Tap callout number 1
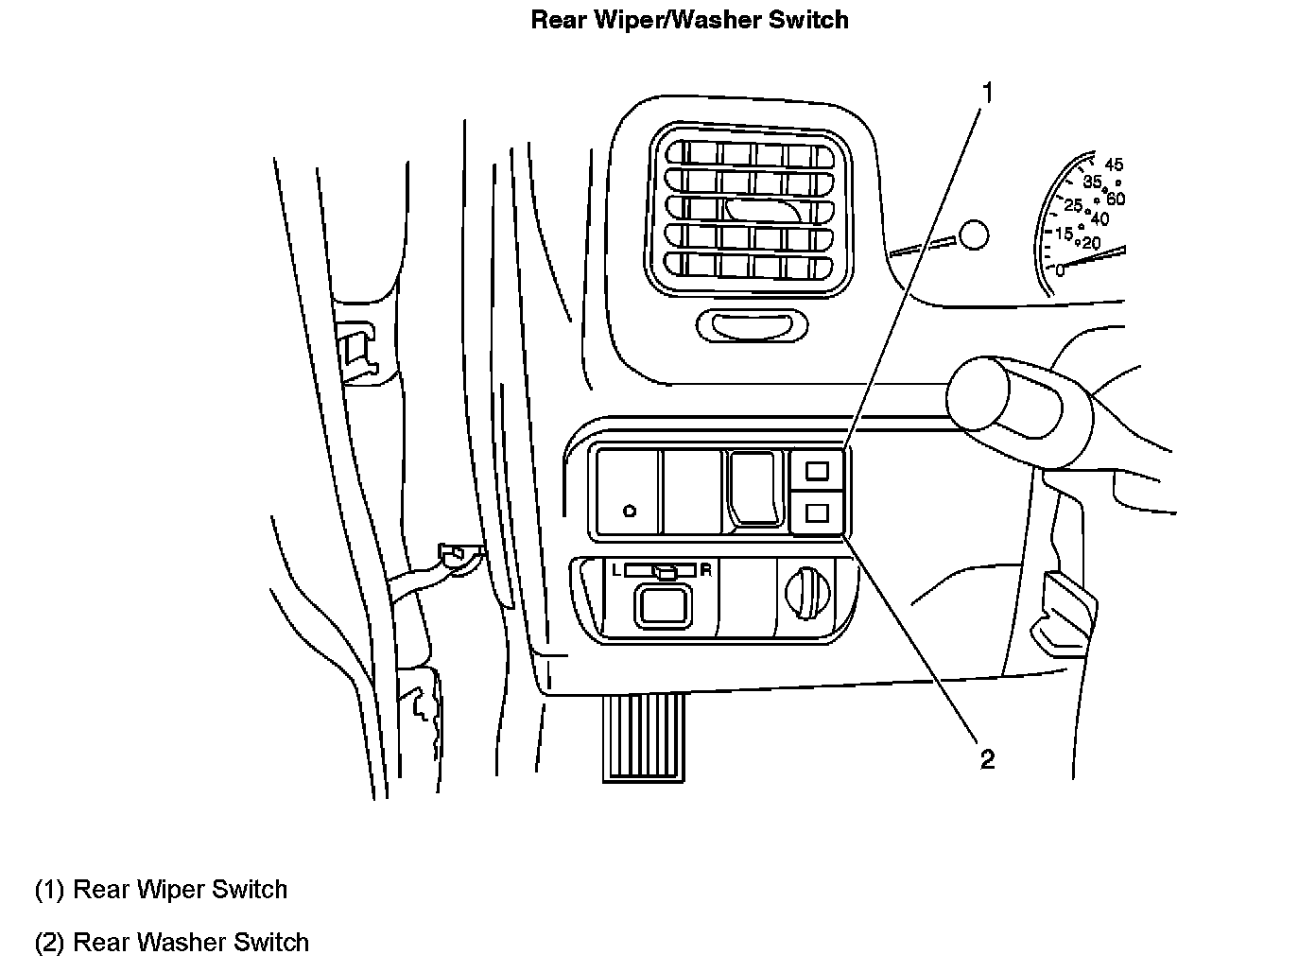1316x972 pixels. tap(986, 93)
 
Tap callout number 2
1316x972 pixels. tap(987, 759)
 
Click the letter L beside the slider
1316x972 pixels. tap(615, 570)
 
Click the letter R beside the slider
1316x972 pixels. tap(705, 570)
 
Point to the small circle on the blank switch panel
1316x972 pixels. tap(630, 512)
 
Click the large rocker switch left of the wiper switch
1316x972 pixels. tap(754, 487)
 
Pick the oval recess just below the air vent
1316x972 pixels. tap(753, 326)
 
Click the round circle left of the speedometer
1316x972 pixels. tap(972, 233)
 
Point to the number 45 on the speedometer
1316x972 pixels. tap(1113, 165)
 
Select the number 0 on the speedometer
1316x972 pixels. tap(1060, 271)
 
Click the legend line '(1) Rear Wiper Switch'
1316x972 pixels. tap(161, 890)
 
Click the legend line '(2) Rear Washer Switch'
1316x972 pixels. tap(172, 943)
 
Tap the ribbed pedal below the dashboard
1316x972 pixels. tap(643, 738)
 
